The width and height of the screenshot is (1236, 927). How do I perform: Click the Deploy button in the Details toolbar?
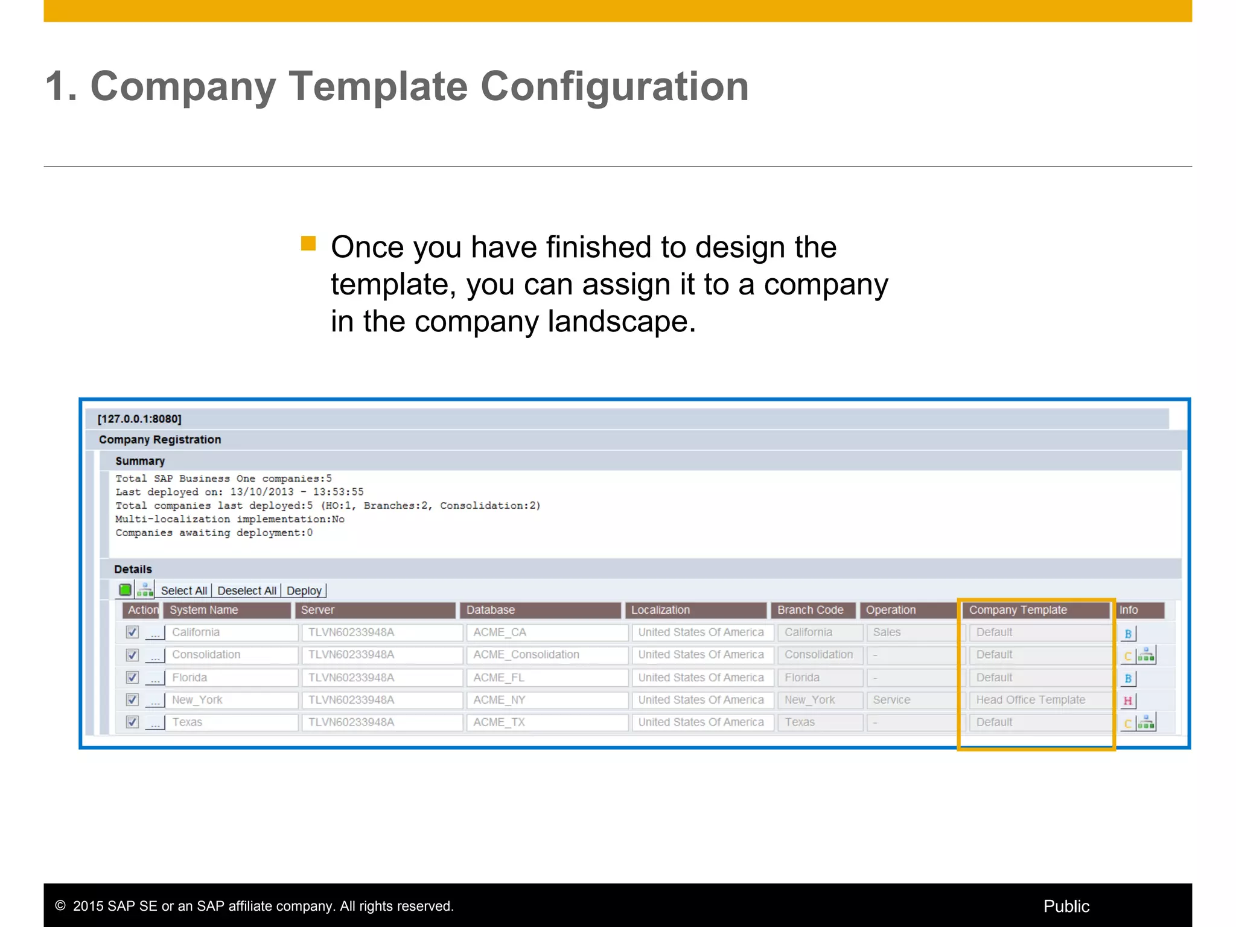click(x=304, y=591)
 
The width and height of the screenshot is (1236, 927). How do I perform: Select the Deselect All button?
click(x=246, y=591)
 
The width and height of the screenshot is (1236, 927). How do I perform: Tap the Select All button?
click(x=183, y=591)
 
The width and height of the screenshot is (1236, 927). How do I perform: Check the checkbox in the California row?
click(x=132, y=632)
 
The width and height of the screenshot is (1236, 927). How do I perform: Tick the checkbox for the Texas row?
click(x=132, y=722)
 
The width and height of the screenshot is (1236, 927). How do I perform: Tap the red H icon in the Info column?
click(x=1127, y=701)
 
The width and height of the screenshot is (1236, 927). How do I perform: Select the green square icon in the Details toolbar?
click(x=125, y=590)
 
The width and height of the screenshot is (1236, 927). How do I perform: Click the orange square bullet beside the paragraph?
click(x=308, y=243)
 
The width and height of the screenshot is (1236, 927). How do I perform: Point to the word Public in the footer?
click(x=1066, y=906)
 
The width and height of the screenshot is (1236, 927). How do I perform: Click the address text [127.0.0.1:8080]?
click(x=139, y=419)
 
